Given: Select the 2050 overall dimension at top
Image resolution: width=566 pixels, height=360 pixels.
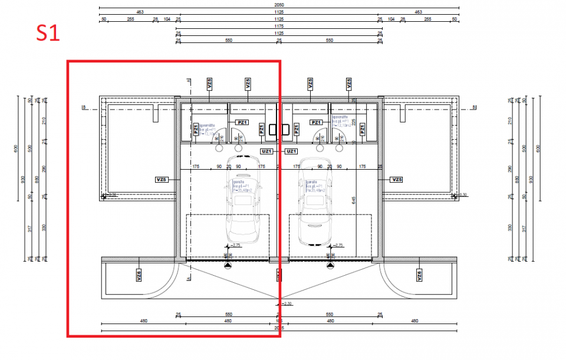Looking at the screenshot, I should (x=279, y=4).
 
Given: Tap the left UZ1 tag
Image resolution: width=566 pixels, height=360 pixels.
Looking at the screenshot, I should (x=266, y=151).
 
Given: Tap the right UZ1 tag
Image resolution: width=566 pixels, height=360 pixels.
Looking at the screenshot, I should (x=291, y=151).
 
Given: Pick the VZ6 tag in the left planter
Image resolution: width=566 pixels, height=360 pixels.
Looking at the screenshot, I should (x=137, y=275).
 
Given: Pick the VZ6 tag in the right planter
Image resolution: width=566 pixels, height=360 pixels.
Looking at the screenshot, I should (x=419, y=275).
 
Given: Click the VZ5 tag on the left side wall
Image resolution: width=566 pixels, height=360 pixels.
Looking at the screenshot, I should (x=162, y=179).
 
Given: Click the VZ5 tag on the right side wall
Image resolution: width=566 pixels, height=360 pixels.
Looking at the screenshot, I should (x=396, y=179).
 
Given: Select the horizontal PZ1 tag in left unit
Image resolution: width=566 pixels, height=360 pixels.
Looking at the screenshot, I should (x=242, y=122).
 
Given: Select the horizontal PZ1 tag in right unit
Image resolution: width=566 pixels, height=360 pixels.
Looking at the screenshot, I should (x=316, y=122).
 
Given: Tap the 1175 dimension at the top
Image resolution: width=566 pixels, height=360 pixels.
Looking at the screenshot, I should (x=279, y=26).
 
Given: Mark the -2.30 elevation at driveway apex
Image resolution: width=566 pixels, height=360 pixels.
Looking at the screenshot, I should (x=287, y=303).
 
